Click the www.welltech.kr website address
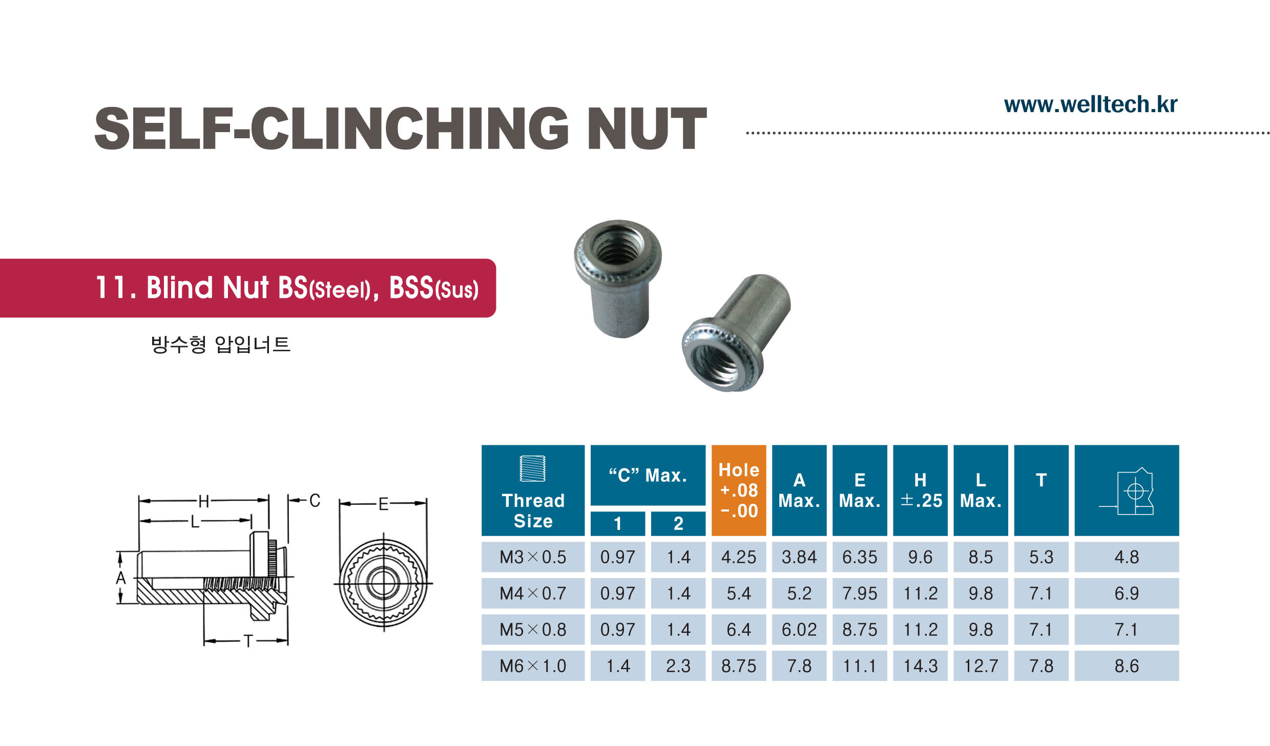[1091, 104]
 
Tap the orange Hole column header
[739, 490]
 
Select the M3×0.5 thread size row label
[533, 557]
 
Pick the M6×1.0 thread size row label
[533, 666]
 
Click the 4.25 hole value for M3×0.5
[739, 557]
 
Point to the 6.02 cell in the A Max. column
[799, 629]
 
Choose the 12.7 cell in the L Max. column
[981, 666]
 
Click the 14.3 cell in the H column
[920, 666]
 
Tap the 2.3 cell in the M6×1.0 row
[678, 666]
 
